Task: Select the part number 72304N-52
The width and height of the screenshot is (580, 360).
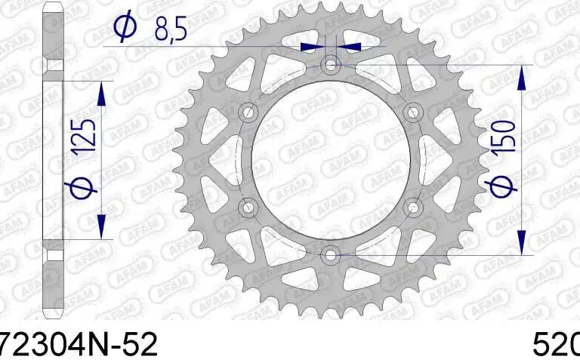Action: (x=79, y=345)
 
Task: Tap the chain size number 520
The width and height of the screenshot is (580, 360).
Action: (x=556, y=345)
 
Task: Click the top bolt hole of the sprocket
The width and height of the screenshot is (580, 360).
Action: (x=330, y=66)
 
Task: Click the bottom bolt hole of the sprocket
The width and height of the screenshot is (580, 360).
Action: (x=330, y=254)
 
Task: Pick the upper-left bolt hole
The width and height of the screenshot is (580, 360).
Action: (x=248, y=113)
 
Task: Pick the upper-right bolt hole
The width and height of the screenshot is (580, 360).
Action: (x=412, y=113)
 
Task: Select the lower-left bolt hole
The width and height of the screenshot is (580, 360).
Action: (x=248, y=207)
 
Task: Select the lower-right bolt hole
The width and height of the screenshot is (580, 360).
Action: (x=412, y=207)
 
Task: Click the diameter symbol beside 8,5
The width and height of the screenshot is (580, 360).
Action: (x=123, y=28)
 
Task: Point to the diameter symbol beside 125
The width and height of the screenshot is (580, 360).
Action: (x=86, y=186)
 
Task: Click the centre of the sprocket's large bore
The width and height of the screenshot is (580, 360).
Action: (x=330, y=160)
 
